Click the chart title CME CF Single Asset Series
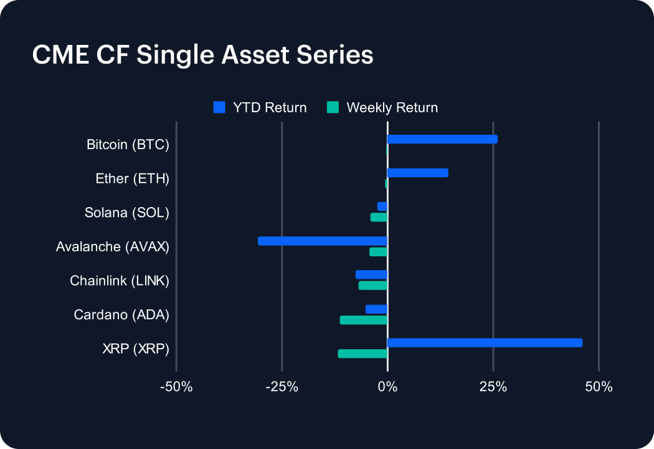click(x=202, y=55)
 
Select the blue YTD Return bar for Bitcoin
click(x=442, y=139)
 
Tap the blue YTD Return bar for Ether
click(x=417, y=173)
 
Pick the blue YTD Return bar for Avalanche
click(x=323, y=241)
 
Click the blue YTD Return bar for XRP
click(x=485, y=342)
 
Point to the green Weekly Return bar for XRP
click(x=363, y=354)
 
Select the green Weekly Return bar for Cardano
click(x=364, y=320)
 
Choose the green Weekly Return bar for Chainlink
click(x=373, y=286)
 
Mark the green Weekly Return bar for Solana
click(x=379, y=217)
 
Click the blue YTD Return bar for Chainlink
click(x=371, y=274)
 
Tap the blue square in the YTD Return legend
click(x=219, y=107)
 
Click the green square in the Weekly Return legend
click(x=333, y=107)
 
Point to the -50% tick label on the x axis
click(x=176, y=387)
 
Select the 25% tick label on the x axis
click(x=493, y=387)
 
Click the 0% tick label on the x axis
click(x=387, y=387)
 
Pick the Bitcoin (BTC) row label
click(x=128, y=145)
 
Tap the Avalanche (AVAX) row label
click(x=112, y=246)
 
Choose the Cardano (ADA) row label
click(x=121, y=314)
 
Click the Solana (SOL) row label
click(x=127, y=213)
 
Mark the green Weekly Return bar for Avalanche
click(x=378, y=252)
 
